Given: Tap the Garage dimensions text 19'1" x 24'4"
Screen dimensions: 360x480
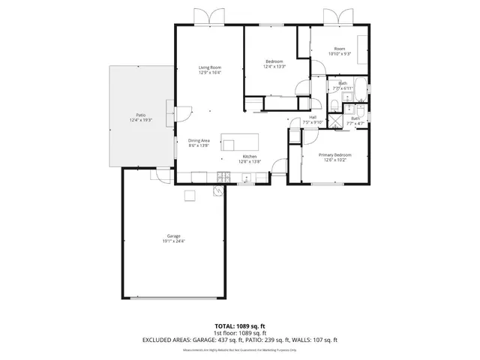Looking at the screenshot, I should pos(173,241).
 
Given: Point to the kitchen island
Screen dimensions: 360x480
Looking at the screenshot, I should pos(239,142).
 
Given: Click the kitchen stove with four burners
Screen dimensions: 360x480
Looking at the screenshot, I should pos(223,177).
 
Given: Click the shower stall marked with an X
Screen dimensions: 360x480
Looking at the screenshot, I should pos(336,118).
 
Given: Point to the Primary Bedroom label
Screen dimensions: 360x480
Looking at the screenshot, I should pos(331,155).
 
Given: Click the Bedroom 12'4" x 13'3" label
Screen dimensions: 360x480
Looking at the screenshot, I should pos(274,65).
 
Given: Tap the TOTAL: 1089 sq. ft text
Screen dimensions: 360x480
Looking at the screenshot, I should pos(240,325).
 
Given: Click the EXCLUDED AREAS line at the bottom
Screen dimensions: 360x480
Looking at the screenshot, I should pos(240,340).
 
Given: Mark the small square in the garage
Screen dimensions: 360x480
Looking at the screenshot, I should pos(190,196).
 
